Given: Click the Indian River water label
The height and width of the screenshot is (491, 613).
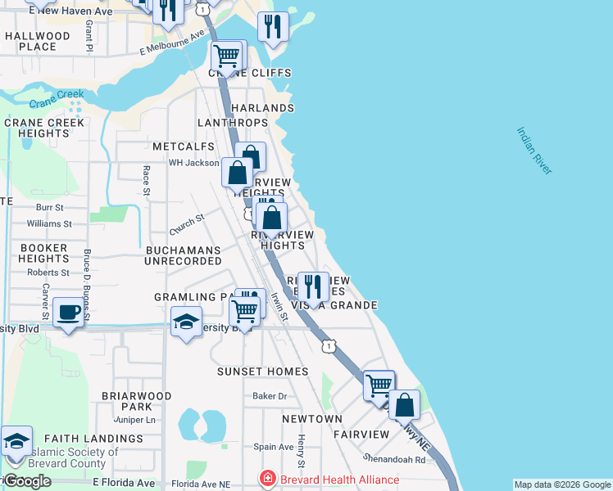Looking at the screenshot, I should (534, 150).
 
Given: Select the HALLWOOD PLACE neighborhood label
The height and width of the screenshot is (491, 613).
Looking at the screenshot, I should (38, 42).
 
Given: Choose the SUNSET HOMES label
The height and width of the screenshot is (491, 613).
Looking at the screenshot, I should (262, 372).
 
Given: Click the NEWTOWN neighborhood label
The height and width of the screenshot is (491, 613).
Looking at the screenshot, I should (312, 419).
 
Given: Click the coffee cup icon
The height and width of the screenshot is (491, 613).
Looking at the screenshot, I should (67, 313).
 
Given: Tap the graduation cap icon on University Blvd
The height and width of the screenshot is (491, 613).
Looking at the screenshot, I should (186, 321).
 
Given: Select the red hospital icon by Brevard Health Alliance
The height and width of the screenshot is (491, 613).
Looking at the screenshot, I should (266, 479).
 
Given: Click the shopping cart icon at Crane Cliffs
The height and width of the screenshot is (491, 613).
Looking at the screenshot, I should (226, 56).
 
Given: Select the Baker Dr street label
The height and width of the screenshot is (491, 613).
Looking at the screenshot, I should (270, 396).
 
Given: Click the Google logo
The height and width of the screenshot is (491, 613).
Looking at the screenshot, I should (26, 481).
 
